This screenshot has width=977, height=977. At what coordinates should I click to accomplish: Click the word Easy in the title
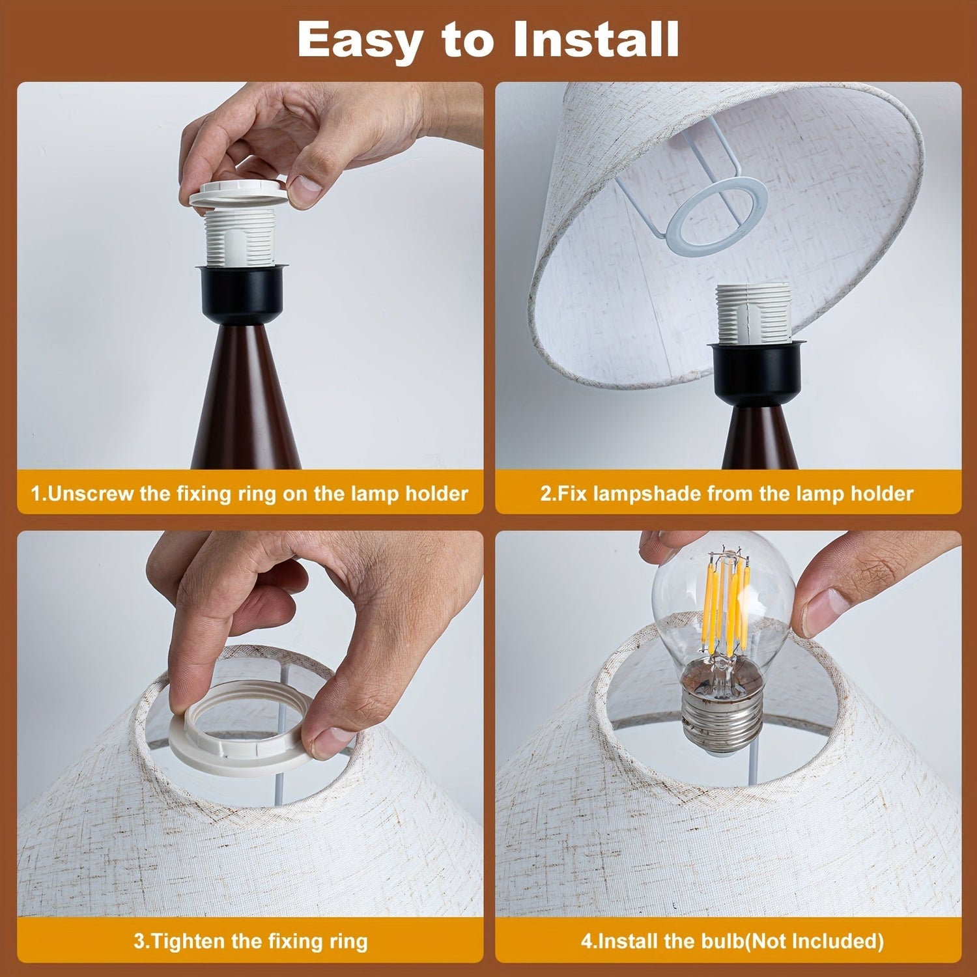point(360,40)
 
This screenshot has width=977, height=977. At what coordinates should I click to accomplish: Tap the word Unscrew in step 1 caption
point(92,493)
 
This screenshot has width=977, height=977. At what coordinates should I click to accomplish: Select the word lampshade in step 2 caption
point(646,494)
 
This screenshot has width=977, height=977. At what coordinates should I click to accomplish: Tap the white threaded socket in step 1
point(239,237)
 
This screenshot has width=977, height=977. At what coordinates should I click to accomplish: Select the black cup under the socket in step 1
point(240,294)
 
